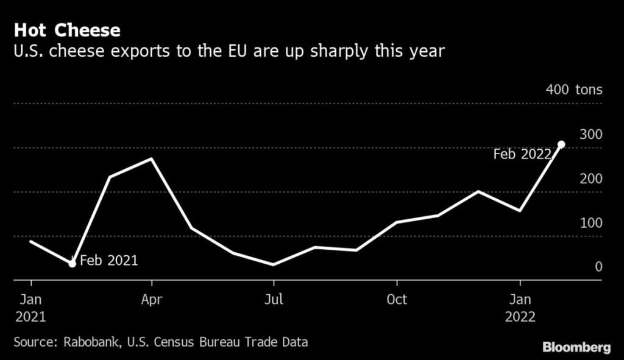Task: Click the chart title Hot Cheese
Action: coord(67,30)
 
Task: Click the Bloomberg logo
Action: coord(576,347)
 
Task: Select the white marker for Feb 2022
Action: coord(561,144)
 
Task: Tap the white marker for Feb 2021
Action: coord(72,264)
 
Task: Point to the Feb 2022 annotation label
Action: coord(522,155)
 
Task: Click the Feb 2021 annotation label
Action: coord(109,261)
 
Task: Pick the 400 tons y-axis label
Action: coord(574,90)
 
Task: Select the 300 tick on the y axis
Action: coord(590,134)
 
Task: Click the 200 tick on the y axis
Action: coord(590,178)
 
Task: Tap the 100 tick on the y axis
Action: coord(590,223)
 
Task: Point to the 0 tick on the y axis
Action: coord(598,267)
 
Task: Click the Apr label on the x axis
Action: coord(151,300)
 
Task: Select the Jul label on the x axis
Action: coord(274,300)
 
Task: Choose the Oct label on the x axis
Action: coord(397,300)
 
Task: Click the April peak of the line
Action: coord(151,159)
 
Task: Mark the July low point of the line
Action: coord(274,264)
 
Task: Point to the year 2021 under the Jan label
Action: coord(29,317)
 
